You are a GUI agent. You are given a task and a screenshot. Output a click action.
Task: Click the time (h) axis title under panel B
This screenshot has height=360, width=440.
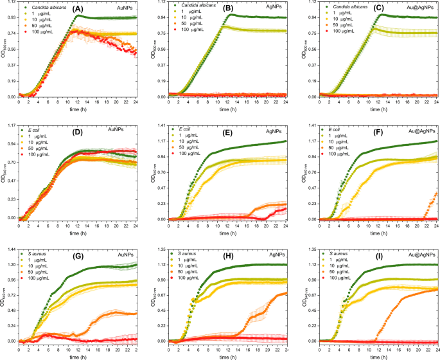(x=229, y=109)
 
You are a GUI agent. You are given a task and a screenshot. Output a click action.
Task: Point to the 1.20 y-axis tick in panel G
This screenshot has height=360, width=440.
(x=12, y=264)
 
